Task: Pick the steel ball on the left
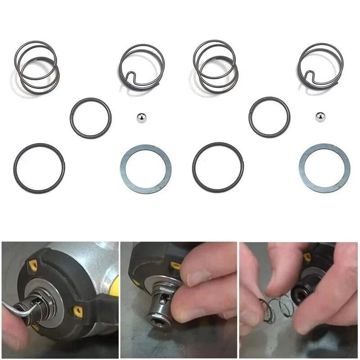(x=141, y=118)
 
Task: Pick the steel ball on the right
(x=320, y=117)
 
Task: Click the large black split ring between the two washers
(x=194, y=167)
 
